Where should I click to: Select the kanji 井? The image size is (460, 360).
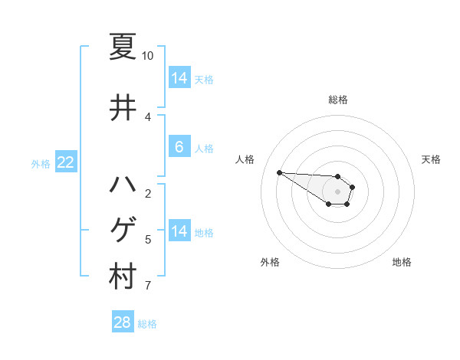point(123,108)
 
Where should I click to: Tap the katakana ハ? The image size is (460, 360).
point(123,185)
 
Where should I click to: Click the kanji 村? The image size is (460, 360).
point(123,277)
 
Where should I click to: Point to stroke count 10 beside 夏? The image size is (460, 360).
point(147,56)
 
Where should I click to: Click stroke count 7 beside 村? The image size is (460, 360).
point(147,286)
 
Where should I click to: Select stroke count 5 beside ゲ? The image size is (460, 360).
point(147,240)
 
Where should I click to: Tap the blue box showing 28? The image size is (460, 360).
point(123,322)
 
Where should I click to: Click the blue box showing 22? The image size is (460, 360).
point(66,162)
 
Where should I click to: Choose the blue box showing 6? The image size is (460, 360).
point(179,147)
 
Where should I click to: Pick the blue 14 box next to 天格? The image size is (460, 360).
point(179,78)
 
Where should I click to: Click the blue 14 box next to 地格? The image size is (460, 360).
point(179,231)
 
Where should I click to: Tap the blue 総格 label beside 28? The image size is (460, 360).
point(147,324)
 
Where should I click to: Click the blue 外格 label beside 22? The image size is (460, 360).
point(41,163)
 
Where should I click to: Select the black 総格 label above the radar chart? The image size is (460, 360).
point(338,100)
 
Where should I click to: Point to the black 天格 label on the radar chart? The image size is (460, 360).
point(431,159)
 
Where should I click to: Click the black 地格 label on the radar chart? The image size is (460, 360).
point(402,262)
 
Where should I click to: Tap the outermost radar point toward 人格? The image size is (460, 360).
point(279,172)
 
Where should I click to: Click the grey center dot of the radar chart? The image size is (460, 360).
point(338,191)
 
